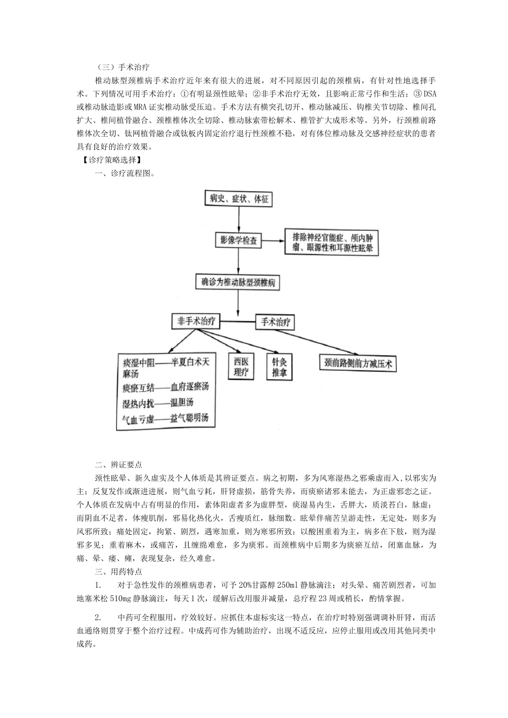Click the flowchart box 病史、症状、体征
(239, 199)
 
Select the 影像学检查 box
(238, 240)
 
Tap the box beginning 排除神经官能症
(332, 242)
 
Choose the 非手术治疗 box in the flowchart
(196, 321)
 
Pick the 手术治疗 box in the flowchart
(275, 322)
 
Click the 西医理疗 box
(242, 367)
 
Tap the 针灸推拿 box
(279, 367)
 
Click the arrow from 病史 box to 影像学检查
(238, 220)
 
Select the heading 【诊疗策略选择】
(109, 160)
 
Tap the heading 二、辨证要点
(118, 465)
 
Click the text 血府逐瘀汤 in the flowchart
(189, 387)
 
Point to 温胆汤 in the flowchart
(181, 402)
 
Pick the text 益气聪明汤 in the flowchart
(189, 418)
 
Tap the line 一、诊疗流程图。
(125, 173)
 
